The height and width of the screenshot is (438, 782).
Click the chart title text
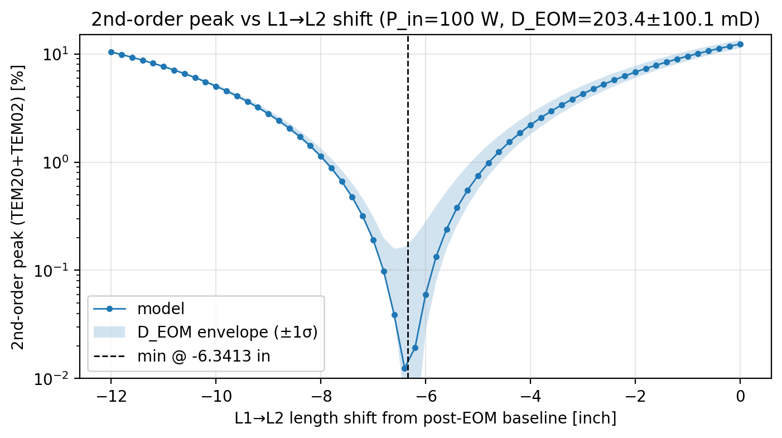(x=425, y=19)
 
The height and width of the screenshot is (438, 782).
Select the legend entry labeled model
(x=161, y=309)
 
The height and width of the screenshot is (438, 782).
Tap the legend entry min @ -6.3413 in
(x=204, y=356)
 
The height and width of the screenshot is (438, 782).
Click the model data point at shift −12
(x=111, y=52)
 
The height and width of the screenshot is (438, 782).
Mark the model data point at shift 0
(x=740, y=44)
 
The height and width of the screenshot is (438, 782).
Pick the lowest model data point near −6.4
(x=404, y=368)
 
